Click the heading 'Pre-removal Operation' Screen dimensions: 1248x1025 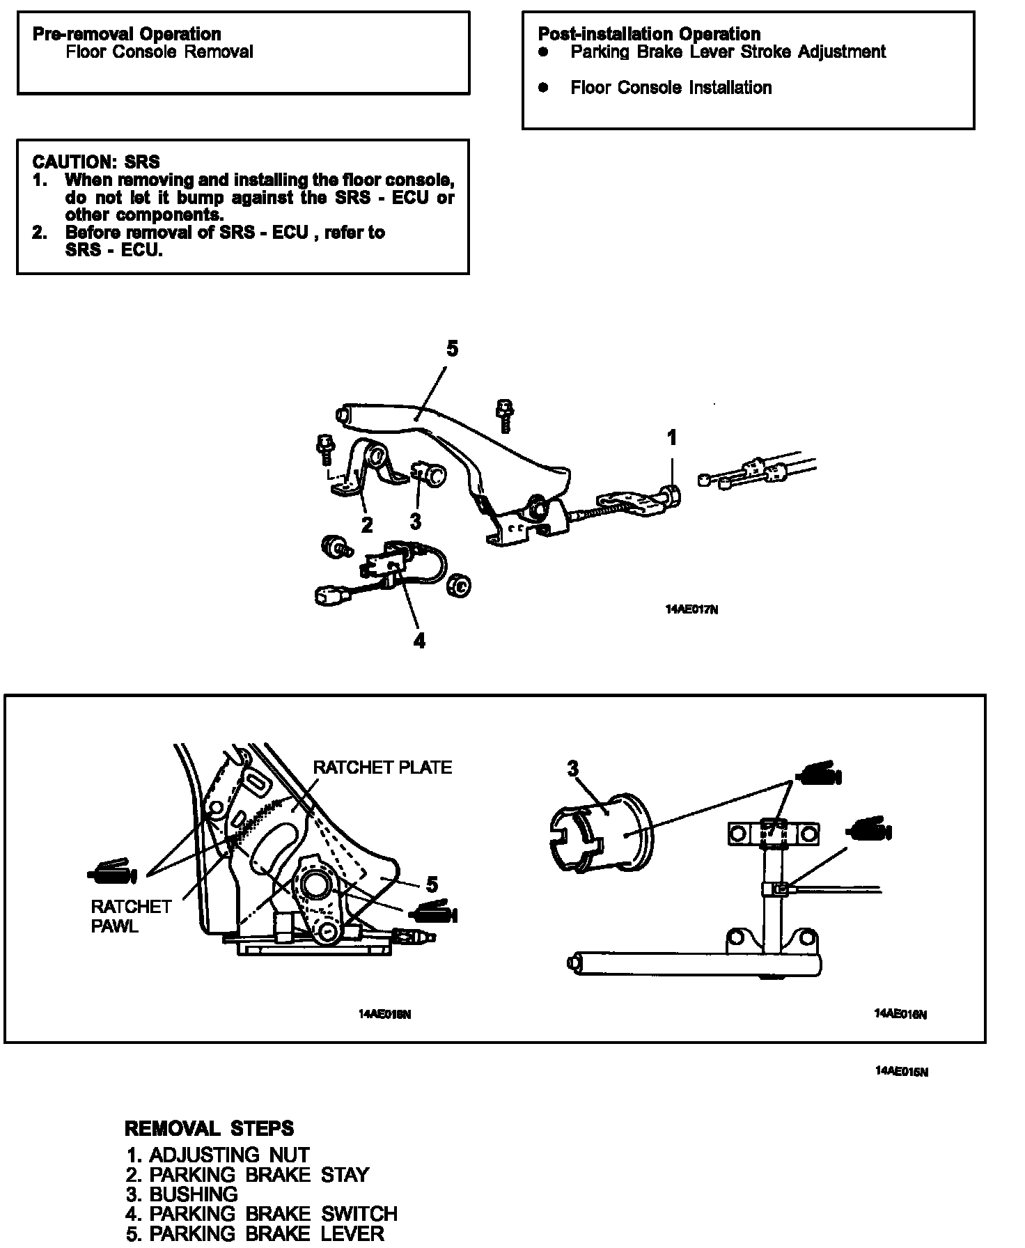pos(127,34)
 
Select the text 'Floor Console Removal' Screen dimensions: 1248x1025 pos(159,52)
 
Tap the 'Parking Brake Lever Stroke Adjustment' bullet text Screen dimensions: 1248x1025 pos(728,52)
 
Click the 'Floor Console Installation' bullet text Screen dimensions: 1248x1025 pos(671,88)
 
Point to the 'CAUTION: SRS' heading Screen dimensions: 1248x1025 pos(96,162)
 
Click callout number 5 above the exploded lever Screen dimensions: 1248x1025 pos(453,349)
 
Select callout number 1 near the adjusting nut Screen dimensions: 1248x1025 pos(671,438)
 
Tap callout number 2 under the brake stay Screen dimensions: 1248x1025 pos(367,524)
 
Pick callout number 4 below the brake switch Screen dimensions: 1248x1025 pos(419,640)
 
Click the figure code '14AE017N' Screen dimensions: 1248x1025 pos(691,609)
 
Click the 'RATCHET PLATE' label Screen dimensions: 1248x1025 pos(382,767)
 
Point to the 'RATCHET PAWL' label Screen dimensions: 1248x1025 pos(131,916)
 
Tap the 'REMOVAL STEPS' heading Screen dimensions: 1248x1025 pos(209,1128)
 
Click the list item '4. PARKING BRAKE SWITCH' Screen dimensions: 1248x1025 pos(261,1214)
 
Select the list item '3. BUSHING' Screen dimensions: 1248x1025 pos(182,1194)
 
